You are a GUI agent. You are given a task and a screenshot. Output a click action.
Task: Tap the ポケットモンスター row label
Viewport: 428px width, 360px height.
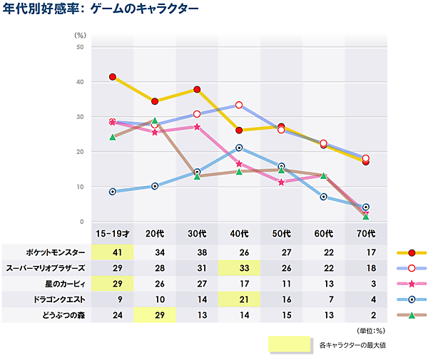click(x=55, y=252)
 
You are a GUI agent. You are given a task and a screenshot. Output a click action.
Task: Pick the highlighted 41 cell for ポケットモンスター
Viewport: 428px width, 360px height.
click(x=113, y=252)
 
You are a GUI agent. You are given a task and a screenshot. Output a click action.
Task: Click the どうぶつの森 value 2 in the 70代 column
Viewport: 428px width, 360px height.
click(x=366, y=314)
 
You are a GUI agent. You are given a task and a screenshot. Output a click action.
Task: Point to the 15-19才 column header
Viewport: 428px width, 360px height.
click(x=113, y=233)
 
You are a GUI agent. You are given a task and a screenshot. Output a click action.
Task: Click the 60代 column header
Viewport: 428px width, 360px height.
click(x=324, y=233)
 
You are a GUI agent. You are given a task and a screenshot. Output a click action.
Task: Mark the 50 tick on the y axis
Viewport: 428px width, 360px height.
click(x=81, y=47)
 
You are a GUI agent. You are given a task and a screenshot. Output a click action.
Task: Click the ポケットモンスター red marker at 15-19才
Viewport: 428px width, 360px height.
click(x=113, y=77)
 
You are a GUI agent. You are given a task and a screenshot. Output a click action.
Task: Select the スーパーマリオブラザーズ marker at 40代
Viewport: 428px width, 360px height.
click(x=239, y=105)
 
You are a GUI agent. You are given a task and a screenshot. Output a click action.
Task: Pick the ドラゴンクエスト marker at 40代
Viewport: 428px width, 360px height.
click(x=239, y=148)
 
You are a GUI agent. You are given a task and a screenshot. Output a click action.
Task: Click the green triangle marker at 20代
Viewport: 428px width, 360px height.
click(x=155, y=120)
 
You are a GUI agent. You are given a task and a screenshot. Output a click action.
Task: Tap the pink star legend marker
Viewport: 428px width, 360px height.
click(x=412, y=284)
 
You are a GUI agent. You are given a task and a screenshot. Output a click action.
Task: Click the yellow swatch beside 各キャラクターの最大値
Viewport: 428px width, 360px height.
click(x=290, y=344)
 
